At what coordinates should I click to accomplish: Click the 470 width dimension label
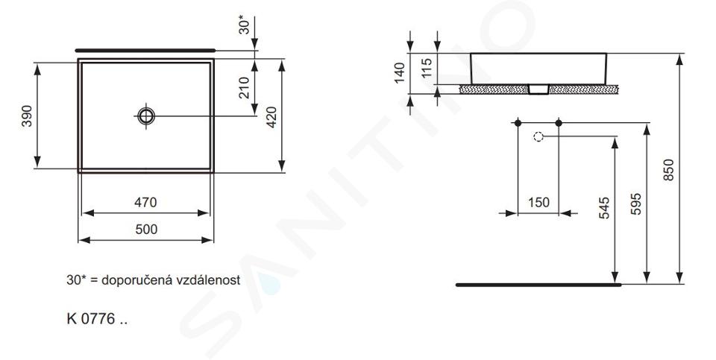[x=145, y=202]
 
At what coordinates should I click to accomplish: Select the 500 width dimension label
[x=146, y=229]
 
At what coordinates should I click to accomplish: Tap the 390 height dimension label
[x=27, y=116]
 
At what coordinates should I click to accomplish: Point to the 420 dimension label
[x=271, y=117]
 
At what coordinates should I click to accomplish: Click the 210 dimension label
[x=244, y=88]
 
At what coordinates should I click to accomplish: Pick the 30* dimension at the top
[x=245, y=25]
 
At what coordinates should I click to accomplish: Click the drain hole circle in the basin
[x=146, y=116]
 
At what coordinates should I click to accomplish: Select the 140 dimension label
[x=400, y=73]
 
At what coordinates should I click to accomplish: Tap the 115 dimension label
[x=427, y=68]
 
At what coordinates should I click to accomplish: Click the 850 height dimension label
[x=668, y=170]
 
